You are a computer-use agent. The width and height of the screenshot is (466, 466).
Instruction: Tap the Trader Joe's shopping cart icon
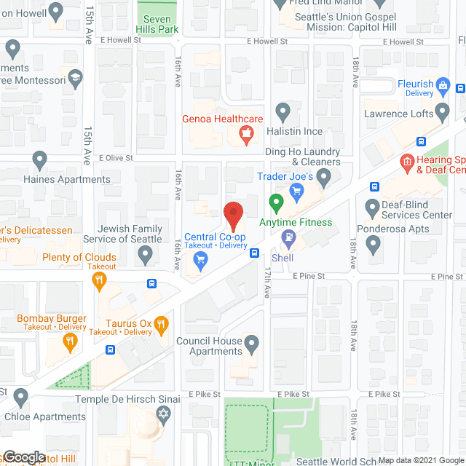tap(296, 191)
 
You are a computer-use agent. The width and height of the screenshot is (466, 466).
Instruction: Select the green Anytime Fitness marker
tap(276, 202)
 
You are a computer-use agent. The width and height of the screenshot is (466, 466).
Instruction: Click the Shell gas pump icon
tap(289, 237)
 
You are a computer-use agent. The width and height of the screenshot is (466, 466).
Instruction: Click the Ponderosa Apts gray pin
tap(374, 245)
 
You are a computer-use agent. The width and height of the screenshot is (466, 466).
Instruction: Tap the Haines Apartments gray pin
tap(40, 159)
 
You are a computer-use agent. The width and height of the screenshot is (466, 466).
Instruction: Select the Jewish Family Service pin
tap(146, 254)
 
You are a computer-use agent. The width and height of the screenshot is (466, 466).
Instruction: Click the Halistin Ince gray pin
tap(283, 111)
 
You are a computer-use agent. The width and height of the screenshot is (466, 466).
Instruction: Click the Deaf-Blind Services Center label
tap(407, 210)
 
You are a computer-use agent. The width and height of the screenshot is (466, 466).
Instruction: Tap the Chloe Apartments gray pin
tap(20, 398)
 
